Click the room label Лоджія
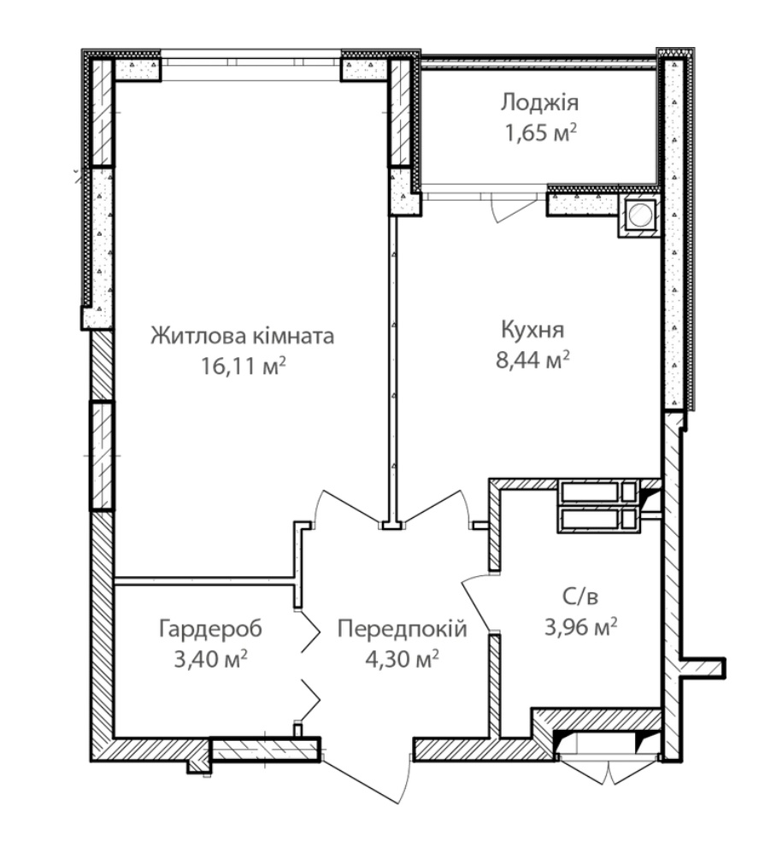pyautogui.click(x=539, y=103)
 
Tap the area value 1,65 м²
pyautogui.click(x=539, y=132)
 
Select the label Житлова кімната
pyautogui.click(x=243, y=336)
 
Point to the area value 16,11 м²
pyautogui.click(x=243, y=367)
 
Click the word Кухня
pyautogui.click(x=532, y=330)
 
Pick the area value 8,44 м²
pyautogui.click(x=532, y=360)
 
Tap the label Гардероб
pyautogui.click(x=210, y=629)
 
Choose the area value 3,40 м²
pyautogui.click(x=210, y=659)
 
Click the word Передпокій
pyautogui.click(x=402, y=629)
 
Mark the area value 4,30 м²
pyautogui.click(x=402, y=659)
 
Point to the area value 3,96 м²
pyautogui.click(x=580, y=627)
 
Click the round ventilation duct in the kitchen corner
pyautogui.click(x=641, y=215)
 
